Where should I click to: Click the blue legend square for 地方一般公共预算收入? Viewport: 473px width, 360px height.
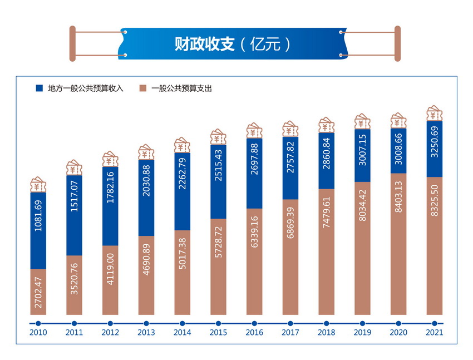(x=40, y=88)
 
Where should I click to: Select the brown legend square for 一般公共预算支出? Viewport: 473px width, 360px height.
(x=143, y=88)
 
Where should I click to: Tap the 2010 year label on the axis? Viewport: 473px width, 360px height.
(x=38, y=333)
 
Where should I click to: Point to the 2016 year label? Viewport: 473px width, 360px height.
(x=254, y=333)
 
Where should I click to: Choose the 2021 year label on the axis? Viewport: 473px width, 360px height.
(x=435, y=333)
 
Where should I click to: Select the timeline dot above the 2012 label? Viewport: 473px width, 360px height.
(x=110, y=323)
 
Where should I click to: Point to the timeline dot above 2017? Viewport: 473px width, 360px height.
(x=290, y=323)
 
